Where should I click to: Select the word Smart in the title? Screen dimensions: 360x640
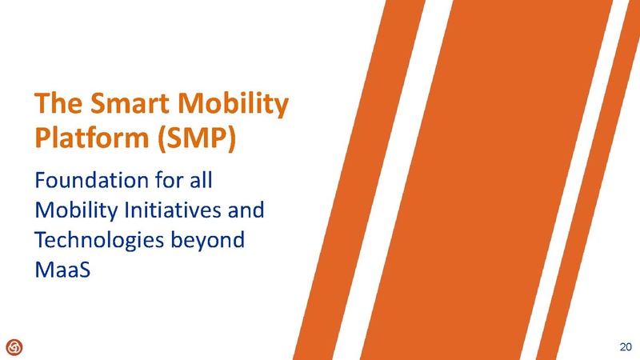pyautogui.click(x=126, y=104)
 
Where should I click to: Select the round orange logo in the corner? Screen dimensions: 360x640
pyautogui.click(x=14, y=346)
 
